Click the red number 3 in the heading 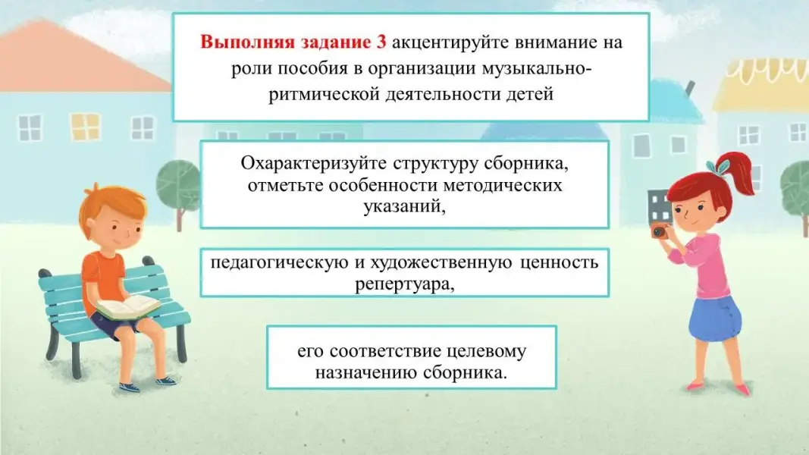coord(381,42)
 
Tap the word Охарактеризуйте coord(313,164)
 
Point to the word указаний coord(405,206)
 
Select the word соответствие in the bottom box coord(385,351)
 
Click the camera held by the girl coord(660,231)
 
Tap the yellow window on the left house coord(85,127)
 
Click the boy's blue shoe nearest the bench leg coord(130,386)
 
